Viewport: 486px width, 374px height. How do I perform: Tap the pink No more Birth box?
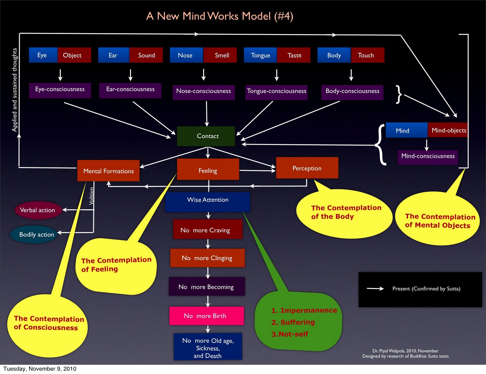[207, 316]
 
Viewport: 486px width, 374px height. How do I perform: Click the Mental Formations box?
[108, 171]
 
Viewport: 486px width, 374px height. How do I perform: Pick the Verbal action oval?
[38, 210]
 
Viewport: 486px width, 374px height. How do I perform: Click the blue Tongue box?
[260, 55]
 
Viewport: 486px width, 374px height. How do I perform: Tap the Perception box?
[307, 168]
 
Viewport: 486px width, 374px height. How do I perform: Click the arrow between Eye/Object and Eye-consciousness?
[60, 74]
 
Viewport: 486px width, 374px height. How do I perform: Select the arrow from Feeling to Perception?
[257, 171]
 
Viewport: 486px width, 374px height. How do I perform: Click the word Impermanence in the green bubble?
[309, 311]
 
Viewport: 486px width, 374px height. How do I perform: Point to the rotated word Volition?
[91, 196]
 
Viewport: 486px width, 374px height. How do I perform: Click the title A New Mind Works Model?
[220, 16]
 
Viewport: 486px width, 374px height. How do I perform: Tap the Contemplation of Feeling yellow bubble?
[116, 265]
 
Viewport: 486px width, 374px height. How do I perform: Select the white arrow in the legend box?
[375, 289]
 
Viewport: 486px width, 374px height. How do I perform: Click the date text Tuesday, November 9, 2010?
[40, 369]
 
